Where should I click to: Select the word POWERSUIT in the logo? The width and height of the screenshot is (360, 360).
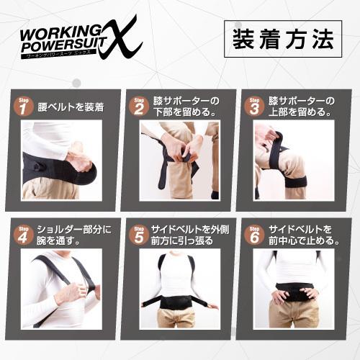(x=61, y=46)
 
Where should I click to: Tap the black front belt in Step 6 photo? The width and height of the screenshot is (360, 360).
(x=295, y=292)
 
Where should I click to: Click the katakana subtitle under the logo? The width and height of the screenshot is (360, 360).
(x=65, y=56)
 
